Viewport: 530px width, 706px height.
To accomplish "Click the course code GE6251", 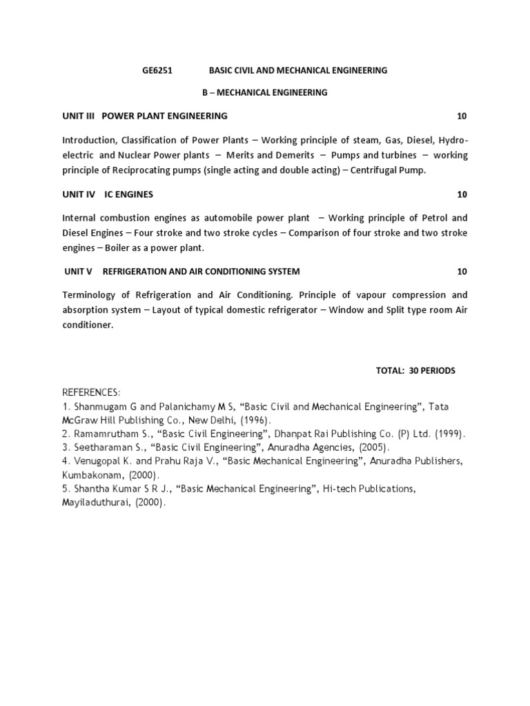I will [x=153, y=70].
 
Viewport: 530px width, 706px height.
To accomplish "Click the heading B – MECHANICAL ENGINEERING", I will [x=264, y=92].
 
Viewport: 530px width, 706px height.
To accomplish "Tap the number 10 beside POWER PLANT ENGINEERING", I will [x=462, y=115].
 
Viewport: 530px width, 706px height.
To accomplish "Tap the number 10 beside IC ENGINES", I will [x=462, y=194].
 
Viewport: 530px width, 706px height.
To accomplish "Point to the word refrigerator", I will [x=288, y=310].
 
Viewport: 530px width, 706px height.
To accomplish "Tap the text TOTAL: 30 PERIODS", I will [x=415, y=370].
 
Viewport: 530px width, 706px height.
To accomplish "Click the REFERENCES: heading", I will [x=92, y=393].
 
